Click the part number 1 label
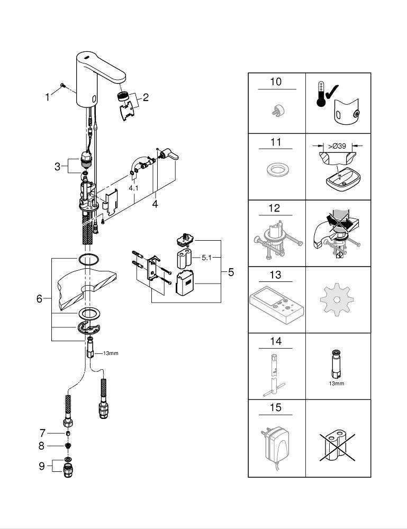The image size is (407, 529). coord(47,97)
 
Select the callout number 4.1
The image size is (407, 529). coord(134,188)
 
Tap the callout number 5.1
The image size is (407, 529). coord(206,258)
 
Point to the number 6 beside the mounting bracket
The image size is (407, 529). coord(40,298)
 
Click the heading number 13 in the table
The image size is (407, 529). coord(275,275)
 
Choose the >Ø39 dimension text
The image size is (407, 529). coord(337,146)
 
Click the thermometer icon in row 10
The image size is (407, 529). coord(321,94)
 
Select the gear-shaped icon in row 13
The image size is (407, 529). coord(337,299)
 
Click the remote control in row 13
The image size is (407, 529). coord(276,305)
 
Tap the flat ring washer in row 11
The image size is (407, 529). coord(276,170)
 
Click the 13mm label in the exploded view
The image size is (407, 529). coord(111,353)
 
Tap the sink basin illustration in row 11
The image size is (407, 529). coord(343,177)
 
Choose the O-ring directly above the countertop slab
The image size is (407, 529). coord(89,260)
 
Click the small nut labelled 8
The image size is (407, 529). coord(68,446)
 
